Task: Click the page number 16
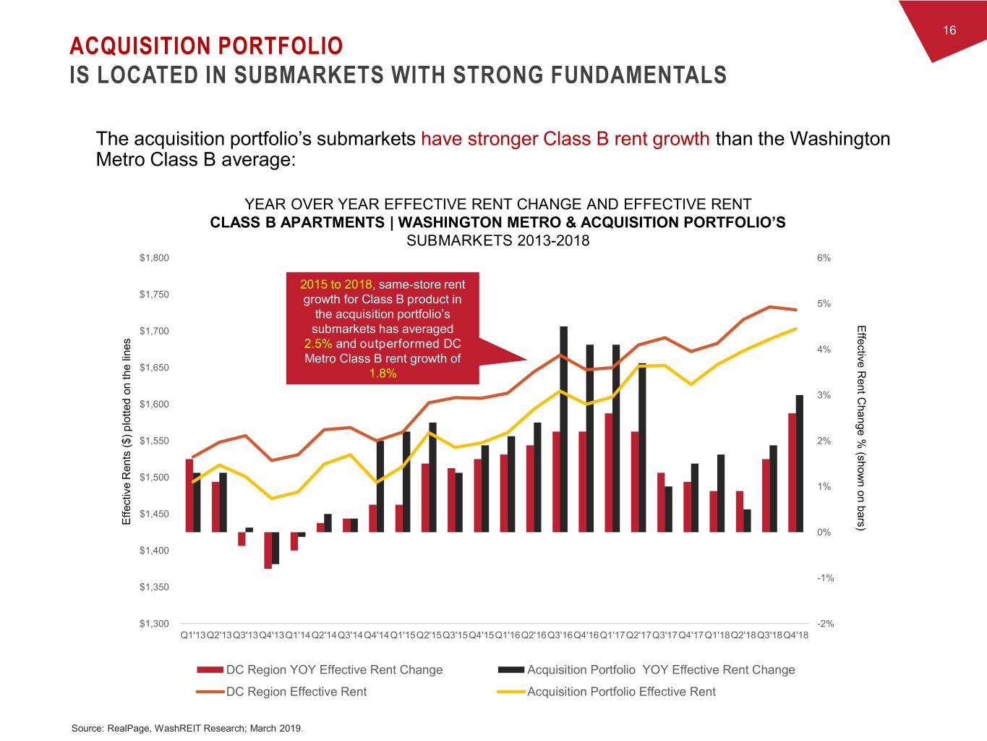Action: (x=949, y=30)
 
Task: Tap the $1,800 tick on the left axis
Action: (x=154, y=258)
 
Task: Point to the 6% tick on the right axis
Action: (x=824, y=258)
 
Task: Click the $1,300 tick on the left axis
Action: (x=154, y=624)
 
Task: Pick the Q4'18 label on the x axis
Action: (x=796, y=635)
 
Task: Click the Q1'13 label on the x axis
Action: (x=193, y=635)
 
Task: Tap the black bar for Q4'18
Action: (x=800, y=463)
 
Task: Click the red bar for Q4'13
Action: (x=268, y=551)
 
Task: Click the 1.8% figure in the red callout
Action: (x=383, y=373)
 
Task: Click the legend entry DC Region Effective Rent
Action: (x=296, y=692)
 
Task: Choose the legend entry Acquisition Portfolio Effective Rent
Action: (x=621, y=692)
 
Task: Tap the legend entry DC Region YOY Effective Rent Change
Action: (x=334, y=670)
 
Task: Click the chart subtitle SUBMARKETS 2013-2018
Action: (x=497, y=241)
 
